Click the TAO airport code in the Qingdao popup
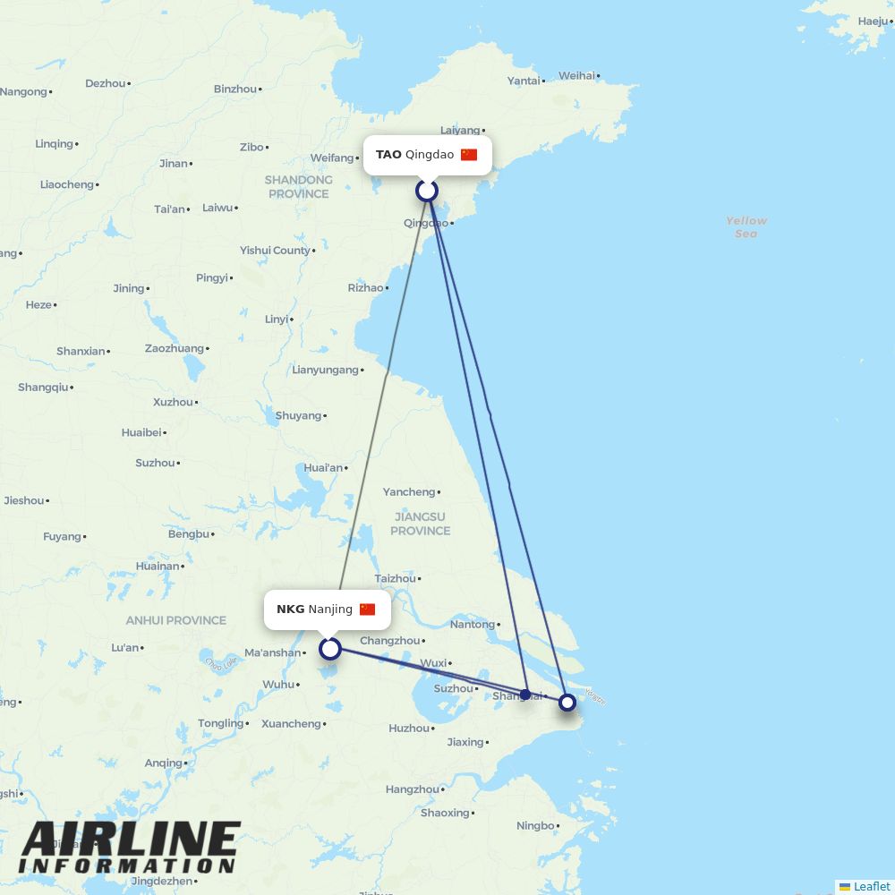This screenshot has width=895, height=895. (x=388, y=154)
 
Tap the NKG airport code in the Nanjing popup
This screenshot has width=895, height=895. (x=290, y=609)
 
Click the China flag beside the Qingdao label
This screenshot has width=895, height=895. (x=469, y=154)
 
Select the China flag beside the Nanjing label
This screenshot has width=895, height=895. (x=367, y=609)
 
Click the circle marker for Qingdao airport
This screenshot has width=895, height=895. (x=427, y=191)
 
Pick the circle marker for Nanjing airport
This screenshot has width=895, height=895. (x=330, y=648)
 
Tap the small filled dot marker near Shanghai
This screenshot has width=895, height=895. (x=525, y=695)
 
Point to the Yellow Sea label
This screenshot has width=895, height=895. (x=746, y=226)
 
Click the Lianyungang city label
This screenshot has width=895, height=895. (x=325, y=370)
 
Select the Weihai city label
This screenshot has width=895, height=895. (x=576, y=76)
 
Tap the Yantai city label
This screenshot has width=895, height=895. (x=524, y=81)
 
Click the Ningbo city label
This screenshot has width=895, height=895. (x=535, y=825)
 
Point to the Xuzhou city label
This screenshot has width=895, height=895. (x=173, y=402)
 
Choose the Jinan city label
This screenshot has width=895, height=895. (x=174, y=163)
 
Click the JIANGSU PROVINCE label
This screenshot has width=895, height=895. (x=420, y=524)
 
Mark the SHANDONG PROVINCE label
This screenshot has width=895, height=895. (x=298, y=186)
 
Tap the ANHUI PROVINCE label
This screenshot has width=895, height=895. (x=175, y=620)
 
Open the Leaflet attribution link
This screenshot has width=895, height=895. (x=871, y=886)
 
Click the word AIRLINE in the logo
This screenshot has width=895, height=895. (x=131, y=840)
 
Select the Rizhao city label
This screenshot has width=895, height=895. (x=365, y=287)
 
